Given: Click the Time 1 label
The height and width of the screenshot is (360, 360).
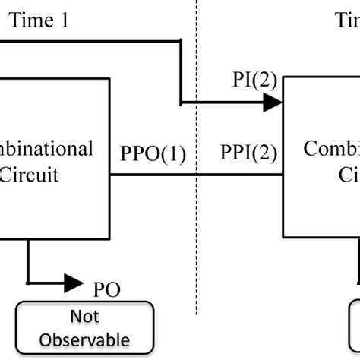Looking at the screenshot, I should [42, 21].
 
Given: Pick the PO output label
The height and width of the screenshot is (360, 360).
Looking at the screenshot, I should [106, 289].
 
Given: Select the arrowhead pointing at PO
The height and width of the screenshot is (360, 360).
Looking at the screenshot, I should [74, 284].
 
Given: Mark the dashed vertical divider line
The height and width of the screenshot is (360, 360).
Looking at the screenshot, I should [198, 228].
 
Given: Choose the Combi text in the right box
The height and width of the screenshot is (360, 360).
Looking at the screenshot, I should [331, 147].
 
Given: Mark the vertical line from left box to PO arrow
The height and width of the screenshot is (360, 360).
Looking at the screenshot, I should [27, 262].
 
